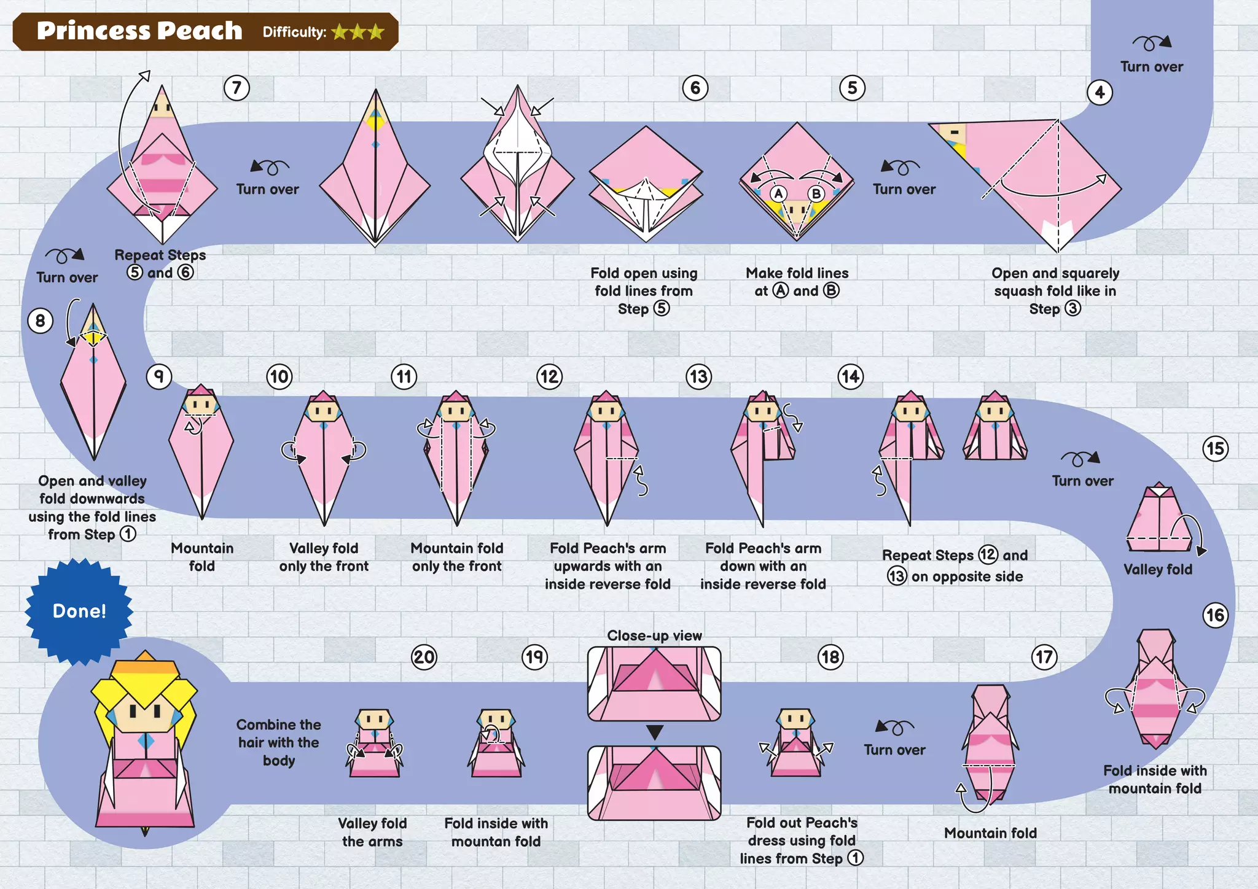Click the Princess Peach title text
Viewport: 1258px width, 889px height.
pos(139,31)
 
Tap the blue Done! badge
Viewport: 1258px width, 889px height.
pos(79,611)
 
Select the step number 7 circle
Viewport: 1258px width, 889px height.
pos(236,88)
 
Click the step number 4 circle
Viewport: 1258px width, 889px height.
pos(1100,93)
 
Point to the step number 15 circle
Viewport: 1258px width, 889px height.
pos(1215,449)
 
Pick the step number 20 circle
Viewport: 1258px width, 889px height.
pos(424,657)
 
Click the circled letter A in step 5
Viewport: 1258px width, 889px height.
pos(778,194)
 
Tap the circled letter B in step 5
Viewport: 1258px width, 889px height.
pos(816,194)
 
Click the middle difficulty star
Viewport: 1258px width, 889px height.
pos(357,32)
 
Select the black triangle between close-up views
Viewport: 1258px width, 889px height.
pos(654,732)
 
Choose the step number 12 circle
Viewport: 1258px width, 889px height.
pos(549,376)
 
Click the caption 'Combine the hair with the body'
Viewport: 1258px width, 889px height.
pos(279,742)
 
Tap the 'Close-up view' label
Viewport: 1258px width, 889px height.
pos(654,635)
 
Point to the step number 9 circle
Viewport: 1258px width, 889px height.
pos(159,376)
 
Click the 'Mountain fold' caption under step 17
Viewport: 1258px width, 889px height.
pos(990,833)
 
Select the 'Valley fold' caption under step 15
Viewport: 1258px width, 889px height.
pos(1157,569)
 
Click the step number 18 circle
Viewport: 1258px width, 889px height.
pos(830,657)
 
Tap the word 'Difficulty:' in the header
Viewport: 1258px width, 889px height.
pos(294,32)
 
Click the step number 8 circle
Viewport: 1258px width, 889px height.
pos(41,320)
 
